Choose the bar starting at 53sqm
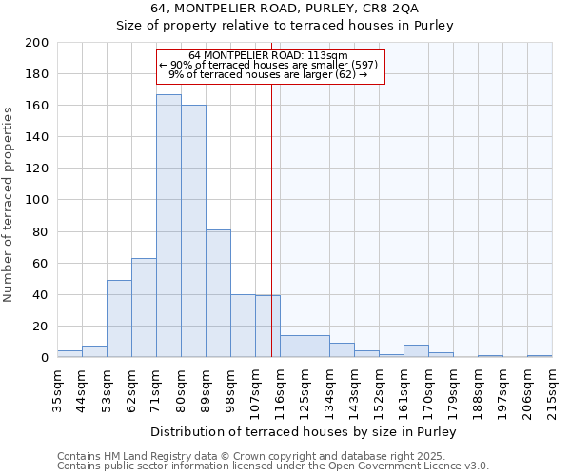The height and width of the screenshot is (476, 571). click(119, 318)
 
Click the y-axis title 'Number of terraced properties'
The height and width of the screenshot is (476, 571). click(9, 204)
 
